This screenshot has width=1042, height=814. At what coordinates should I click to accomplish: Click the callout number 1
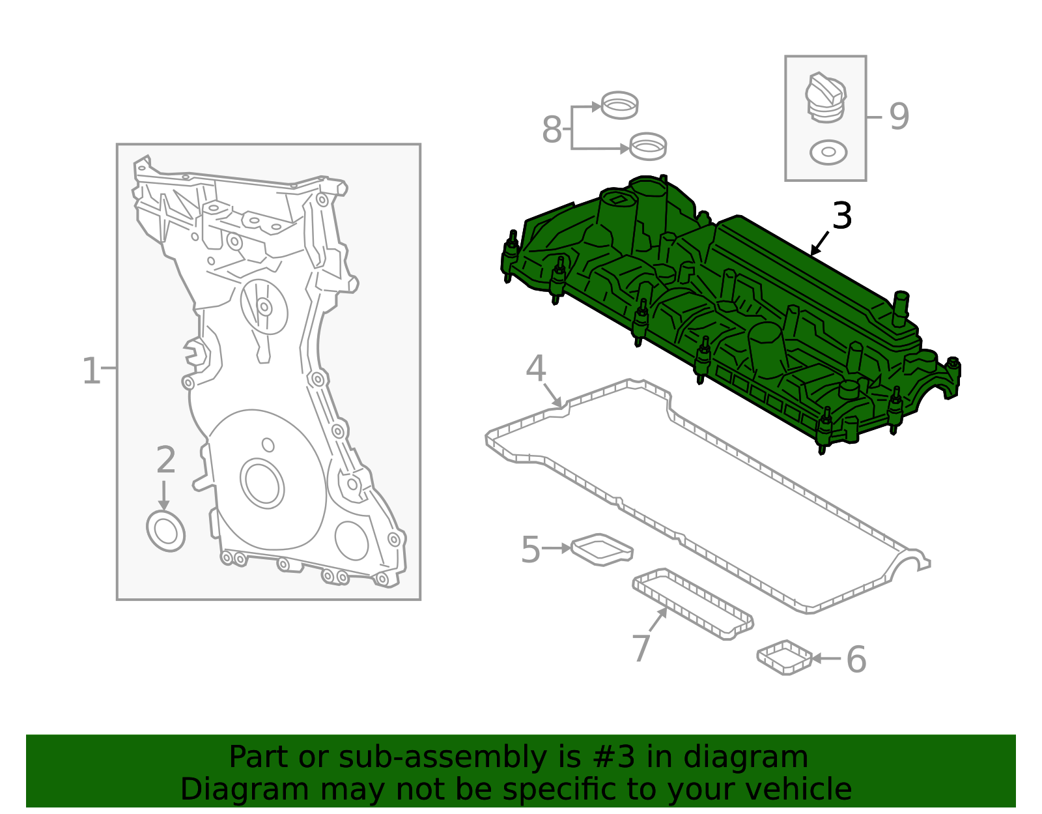point(91,371)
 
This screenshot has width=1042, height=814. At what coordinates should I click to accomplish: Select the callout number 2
point(166,460)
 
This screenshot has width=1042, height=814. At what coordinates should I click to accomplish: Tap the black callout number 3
point(841,216)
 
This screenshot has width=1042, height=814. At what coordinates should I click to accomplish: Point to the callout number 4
point(535,368)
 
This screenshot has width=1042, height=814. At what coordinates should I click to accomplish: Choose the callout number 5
point(531,549)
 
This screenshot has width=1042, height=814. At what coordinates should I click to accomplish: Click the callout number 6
point(856,660)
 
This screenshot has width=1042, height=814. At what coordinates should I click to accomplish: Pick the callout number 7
point(641,648)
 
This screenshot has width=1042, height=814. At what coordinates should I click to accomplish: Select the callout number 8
point(552,130)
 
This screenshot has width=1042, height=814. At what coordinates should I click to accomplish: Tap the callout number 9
point(899,117)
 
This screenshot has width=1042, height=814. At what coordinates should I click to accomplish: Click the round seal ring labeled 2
point(166,532)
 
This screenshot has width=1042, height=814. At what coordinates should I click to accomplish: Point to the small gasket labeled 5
point(602,549)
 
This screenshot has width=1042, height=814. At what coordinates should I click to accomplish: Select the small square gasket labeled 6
point(785,657)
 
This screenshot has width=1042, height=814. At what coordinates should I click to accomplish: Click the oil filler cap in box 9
point(826,98)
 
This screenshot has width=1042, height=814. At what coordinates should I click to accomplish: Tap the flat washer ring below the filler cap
point(828,152)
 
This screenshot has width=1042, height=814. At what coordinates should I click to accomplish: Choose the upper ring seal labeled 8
point(619,105)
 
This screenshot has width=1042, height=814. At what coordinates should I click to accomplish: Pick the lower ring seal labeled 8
point(648,146)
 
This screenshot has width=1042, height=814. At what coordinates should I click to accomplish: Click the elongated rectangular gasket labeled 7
point(693,603)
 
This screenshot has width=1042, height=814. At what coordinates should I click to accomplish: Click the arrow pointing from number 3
point(820,242)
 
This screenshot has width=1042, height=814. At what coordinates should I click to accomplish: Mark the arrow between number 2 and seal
point(163,495)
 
